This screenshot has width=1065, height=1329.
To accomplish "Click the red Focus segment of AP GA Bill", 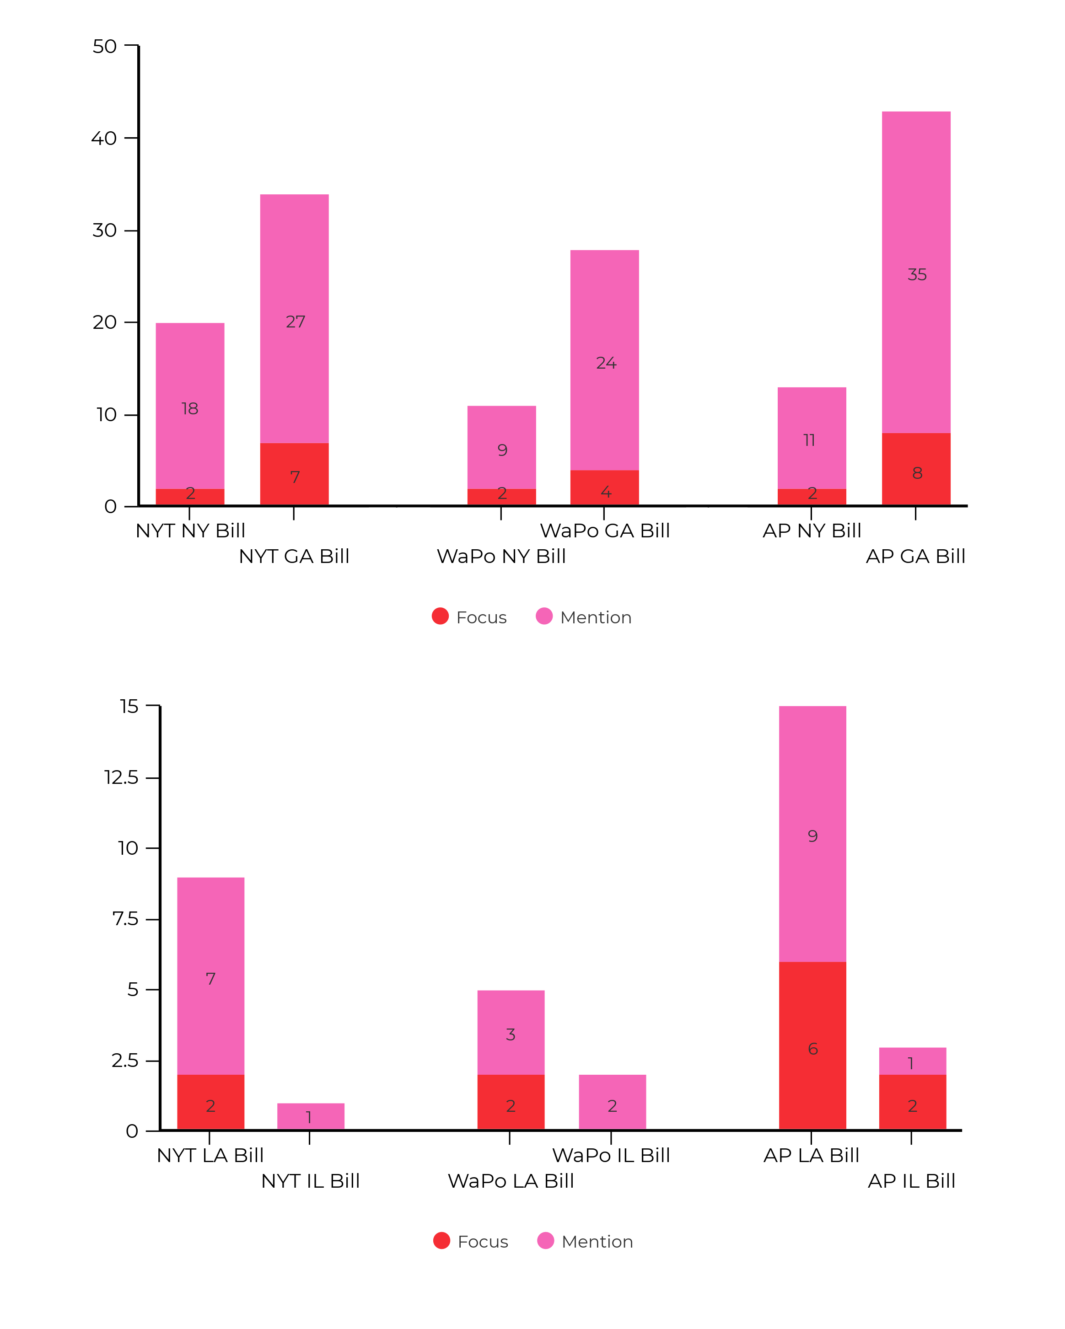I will (x=916, y=469).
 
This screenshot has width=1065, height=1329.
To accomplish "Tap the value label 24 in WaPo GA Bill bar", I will (x=606, y=363).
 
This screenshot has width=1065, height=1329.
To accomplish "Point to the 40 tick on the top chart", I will (x=104, y=138).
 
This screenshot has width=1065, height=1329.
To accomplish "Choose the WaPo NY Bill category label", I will (x=501, y=556).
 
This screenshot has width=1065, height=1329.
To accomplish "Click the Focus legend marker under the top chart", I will (x=440, y=616).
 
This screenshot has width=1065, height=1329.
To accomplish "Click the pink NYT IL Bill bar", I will (x=310, y=1116).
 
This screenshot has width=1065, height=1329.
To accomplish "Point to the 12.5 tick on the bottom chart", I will (x=122, y=777).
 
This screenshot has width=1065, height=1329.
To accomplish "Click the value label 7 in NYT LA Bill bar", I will (x=210, y=978).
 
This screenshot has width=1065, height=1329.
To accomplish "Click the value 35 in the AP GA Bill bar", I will (x=916, y=274).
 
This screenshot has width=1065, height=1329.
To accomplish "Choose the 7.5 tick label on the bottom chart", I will (x=125, y=919).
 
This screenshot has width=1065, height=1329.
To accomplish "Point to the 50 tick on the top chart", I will (x=104, y=46).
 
